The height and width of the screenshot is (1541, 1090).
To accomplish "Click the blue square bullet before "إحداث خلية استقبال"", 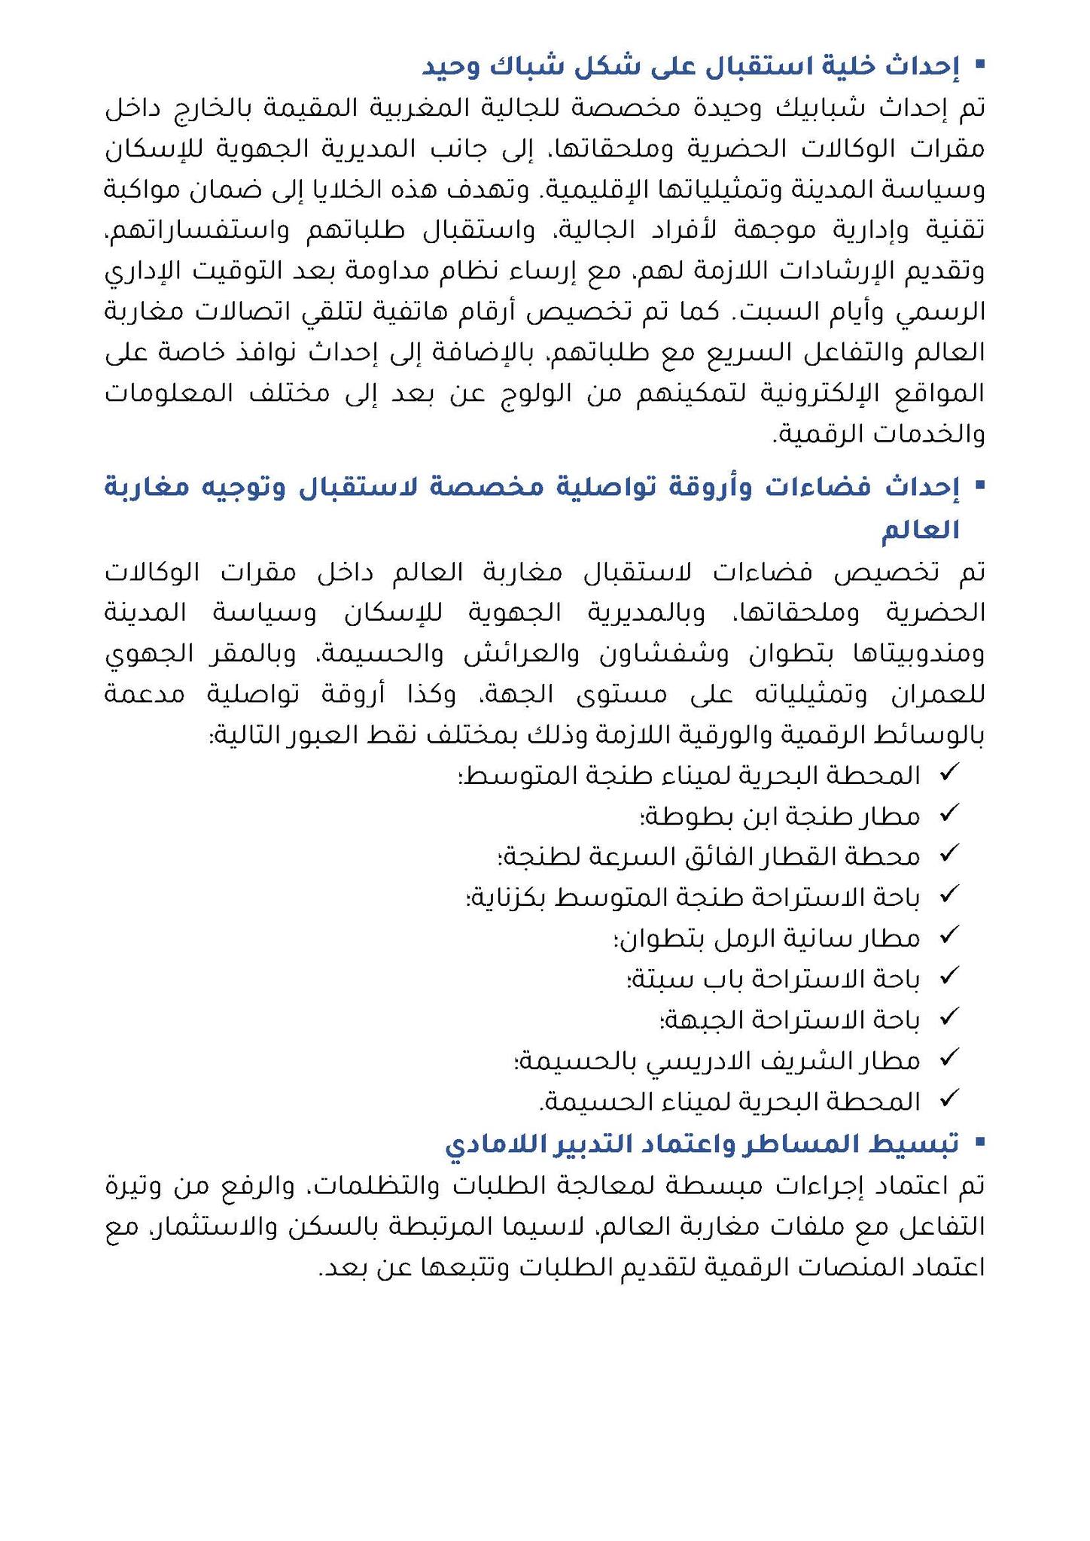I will tap(979, 65).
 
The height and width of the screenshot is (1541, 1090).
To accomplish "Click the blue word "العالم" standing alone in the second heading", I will tap(921, 530).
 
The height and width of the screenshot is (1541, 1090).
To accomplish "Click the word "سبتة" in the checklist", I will tap(659, 979).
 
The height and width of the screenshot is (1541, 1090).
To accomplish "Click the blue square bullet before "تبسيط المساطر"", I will tap(979, 1142).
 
